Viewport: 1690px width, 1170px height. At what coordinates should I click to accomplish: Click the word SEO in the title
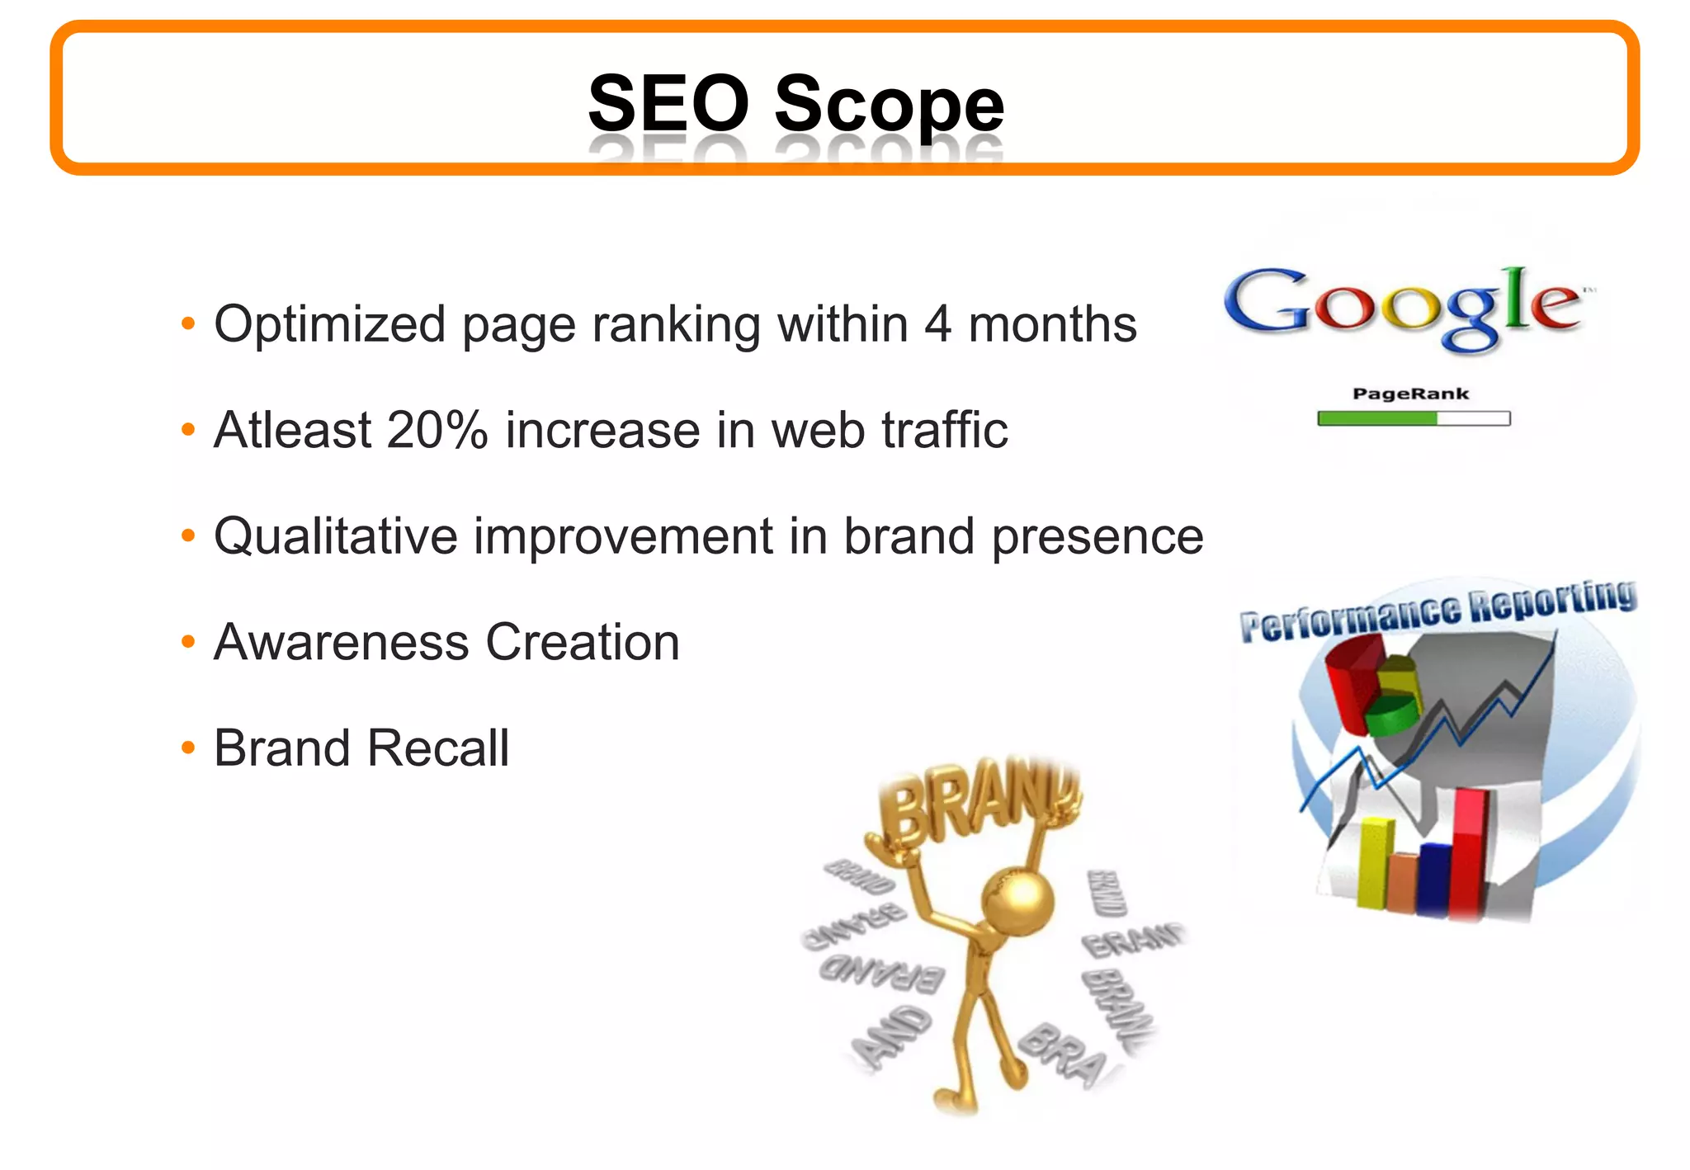tap(668, 103)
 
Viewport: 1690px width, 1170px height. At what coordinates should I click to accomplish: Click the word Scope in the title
tap(889, 105)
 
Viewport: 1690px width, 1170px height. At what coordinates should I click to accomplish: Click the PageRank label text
tap(1410, 394)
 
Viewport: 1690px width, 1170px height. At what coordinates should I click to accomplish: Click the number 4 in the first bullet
tap(937, 323)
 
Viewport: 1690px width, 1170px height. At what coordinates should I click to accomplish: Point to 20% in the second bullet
tap(437, 430)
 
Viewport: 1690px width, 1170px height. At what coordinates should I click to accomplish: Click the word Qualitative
tap(335, 536)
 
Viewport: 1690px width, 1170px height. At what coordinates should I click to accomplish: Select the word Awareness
tap(341, 642)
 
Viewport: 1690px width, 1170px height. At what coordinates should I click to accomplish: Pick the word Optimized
tap(329, 323)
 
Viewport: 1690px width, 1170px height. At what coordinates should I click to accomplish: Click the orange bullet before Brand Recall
tap(188, 748)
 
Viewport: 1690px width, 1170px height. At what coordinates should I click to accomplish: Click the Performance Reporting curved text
tap(1437, 611)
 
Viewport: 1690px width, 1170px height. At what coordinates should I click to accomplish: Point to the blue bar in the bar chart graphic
tap(1434, 878)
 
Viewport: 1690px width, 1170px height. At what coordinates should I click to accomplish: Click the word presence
tap(1098, 536)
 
